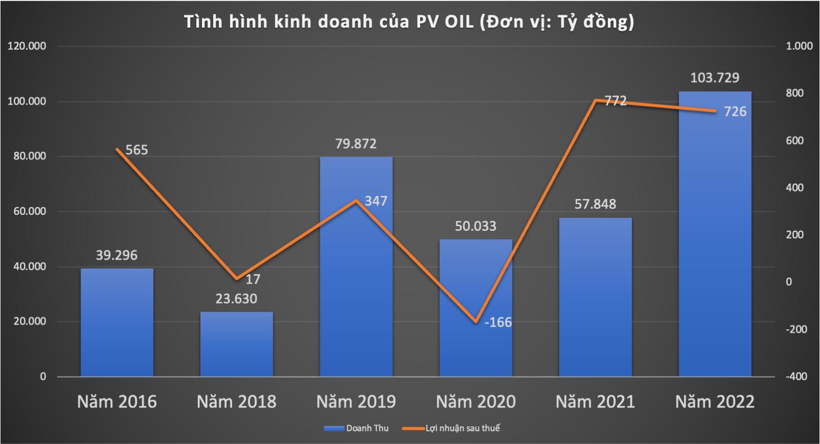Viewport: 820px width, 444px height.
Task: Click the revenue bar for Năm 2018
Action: (x=236, y=344)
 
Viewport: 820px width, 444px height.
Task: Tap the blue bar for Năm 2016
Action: (x=117, y=323)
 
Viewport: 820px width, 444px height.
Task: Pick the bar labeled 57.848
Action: (x=595, y=297)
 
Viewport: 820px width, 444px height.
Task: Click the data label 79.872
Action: (x=356, y=144)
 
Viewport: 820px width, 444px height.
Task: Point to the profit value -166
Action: (x=498, y=322)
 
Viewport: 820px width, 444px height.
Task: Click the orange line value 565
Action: (x=136, y=150)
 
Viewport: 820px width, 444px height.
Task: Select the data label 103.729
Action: (x=714, y=78)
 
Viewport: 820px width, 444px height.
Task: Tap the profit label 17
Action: (x=253, y=279)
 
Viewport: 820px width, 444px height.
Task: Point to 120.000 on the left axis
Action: (x=27, y=46)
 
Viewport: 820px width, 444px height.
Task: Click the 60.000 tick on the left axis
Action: (x=27, y=211)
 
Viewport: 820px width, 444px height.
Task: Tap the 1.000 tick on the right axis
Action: (x=799, y=46)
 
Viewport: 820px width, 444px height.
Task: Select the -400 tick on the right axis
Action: (x=796, y=376)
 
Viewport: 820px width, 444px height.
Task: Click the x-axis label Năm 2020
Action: (x=476, y=401)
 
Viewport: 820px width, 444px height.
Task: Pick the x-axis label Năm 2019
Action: (x=356, y=401)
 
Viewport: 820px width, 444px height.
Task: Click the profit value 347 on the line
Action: (x=376, y=201)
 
